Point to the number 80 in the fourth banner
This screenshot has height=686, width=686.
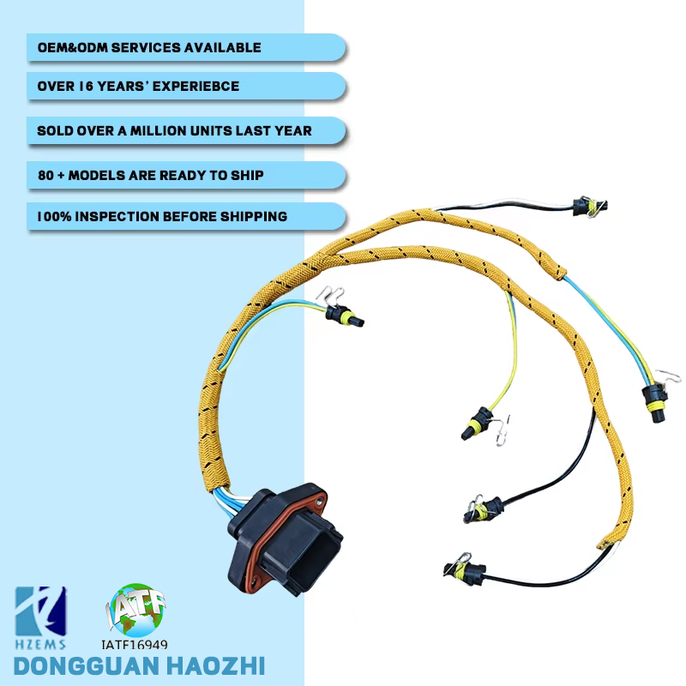pos(45,175)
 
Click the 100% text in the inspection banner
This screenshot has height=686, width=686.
pos(53,216)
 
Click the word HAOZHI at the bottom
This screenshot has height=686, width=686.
pos(215,665)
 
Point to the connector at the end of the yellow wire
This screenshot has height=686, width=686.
pos(476,424)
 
